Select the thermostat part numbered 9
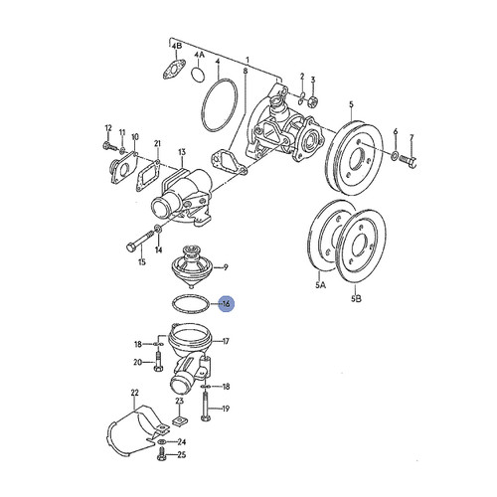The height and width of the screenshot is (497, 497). (190, 267)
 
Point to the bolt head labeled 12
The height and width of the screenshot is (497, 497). (105, 148)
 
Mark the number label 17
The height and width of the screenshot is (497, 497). (226, 341)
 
